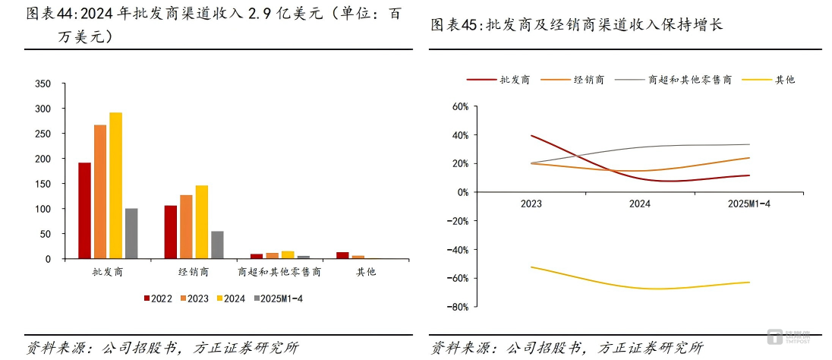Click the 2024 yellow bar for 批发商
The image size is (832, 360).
(115, 186)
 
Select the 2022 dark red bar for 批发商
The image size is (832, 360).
(84, 210)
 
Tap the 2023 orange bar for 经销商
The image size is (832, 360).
(186, 227)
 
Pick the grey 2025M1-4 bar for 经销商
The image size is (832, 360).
(217, 245)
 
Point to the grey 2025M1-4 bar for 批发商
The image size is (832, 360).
(131, 233)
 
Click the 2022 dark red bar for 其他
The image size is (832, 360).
(342, 255)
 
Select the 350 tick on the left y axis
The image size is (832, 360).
(43, 84)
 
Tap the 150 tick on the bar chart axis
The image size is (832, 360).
(43, 184)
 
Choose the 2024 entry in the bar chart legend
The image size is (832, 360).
(229, 298)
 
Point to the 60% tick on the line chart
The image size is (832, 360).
(458, 106)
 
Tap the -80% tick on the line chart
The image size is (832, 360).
(456, 307)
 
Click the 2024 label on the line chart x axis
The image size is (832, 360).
(640, 204)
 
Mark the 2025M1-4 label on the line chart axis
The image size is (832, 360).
(748, 204)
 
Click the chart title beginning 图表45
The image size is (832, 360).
(577, 25)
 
